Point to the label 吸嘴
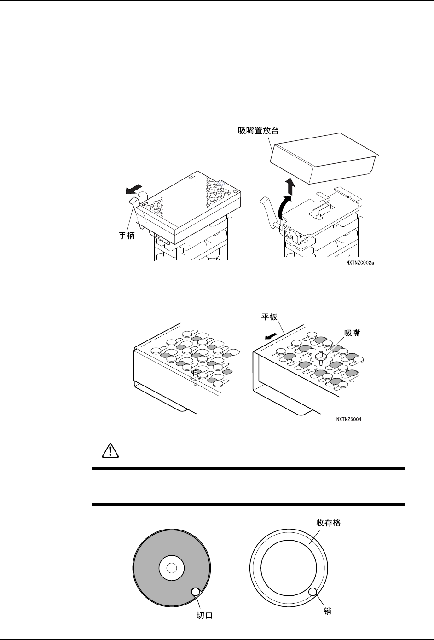(x=353, y=333)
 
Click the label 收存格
(x=328, y=523)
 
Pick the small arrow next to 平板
(x=272, y=336)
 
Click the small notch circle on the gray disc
(x=195, y=592)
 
